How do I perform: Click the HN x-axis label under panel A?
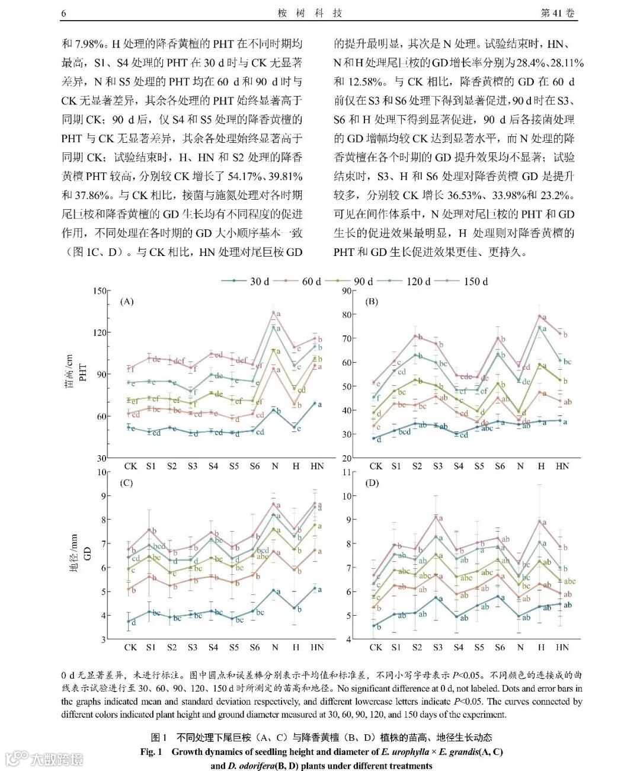pyautogui.click(x=317, y=466)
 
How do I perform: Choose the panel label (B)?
pyautogui.click(x=371, y=302)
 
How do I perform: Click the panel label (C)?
pyautogui.click(x=126, y=483)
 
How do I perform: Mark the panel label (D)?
pyautogui.click(x=372, y=483)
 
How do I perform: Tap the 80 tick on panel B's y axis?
pyautogui.click(x=345, y=315)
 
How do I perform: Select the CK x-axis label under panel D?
pyautogui.click(x=376, y=647)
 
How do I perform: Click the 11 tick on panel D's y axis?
pyautogui.click(x=347, y=472)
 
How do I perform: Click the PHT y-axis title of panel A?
pyautogui.click(x=83, y=372)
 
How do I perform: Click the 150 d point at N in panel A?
pyautogui.click(x=274, y=312)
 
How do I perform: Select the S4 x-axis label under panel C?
pyautogui.click(x=213, y=647)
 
